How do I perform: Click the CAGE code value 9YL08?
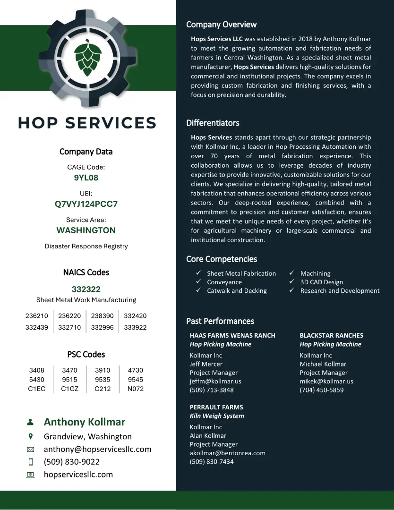(x=86, y=178)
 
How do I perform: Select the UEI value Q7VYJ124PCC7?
(x=86, y=204)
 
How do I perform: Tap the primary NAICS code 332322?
(x=86, y=289)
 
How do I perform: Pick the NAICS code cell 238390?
(x=103, y=316)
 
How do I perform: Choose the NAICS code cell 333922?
(x=135, y=327)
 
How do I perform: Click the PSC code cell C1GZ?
(x=70, y=389)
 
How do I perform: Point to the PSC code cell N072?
(x=135, y=389)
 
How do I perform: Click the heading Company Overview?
(x=221, y=25)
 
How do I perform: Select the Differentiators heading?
(x=213, y=123)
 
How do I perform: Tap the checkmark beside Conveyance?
(x=199, y=282)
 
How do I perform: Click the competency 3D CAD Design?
(x=321, y=282)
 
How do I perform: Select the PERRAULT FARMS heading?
(x=216, y=407)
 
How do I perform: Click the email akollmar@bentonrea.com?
(x=227, y=453)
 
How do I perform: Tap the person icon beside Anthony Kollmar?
(x=31, y=422)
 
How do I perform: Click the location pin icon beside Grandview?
(x=31, y=436)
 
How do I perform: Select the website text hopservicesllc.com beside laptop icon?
(x=78, y=475)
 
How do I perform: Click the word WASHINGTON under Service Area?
(x=86, y=230)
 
